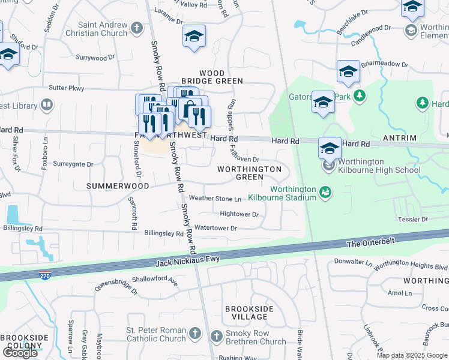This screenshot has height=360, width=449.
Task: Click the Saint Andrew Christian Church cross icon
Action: coord(137,28)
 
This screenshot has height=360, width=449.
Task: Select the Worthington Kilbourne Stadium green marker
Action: coord(325,193)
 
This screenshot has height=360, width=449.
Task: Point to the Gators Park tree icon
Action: coord(360,95)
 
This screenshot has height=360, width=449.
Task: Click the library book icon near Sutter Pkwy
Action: coord(47,106)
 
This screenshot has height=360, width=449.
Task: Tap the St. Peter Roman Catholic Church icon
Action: coord(194,334)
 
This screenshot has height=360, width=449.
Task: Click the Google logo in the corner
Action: coord(20,352)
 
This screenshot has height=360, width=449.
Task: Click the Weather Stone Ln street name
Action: coord(215,198)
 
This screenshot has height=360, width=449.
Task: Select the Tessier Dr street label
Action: coord(412,220)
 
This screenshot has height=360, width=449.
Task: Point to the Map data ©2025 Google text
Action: coord(412,355)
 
